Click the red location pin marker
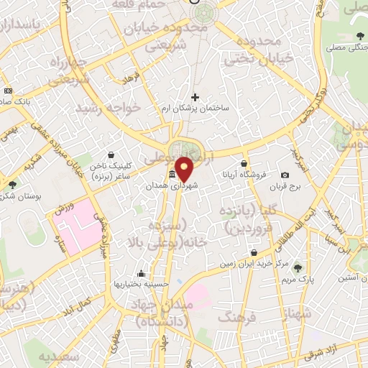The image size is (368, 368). coord(185,168)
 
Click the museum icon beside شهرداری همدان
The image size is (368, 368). coord(172,175)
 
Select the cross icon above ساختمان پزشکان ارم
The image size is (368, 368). coord(194,97)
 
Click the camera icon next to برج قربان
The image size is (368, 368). coord(285,175)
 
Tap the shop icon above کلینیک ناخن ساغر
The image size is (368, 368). coord(111,155)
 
